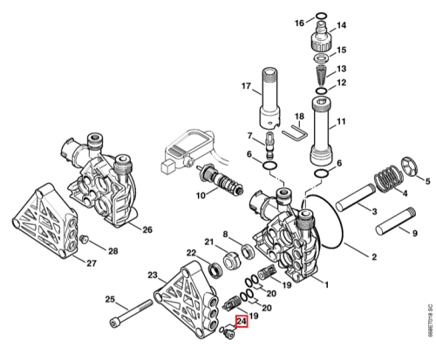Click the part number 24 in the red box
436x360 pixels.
click(x=242, y=322)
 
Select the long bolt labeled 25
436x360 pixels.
click(x=132, y=314)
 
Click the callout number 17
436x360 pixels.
click(x=246, y=86)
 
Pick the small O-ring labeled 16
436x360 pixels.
click(x=321, y=15)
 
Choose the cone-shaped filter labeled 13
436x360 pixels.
click(x=321, y=75)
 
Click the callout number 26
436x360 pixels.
click(x=147, y=229)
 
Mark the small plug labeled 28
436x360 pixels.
click(x=84, y=239)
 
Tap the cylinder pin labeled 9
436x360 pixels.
click(x=395, y=221)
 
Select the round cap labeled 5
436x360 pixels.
click(x=410, y=166)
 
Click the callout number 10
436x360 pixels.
click(x=201, y=195)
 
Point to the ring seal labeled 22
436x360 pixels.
click(x=216, y=269)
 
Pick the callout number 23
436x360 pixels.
click(x=153, y=275)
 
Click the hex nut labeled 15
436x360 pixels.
click(x=321, y=58)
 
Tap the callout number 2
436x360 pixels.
click(x=374, y=257)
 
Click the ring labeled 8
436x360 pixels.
click(x=249, y=252)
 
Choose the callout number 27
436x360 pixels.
click(x=92, y=263)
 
